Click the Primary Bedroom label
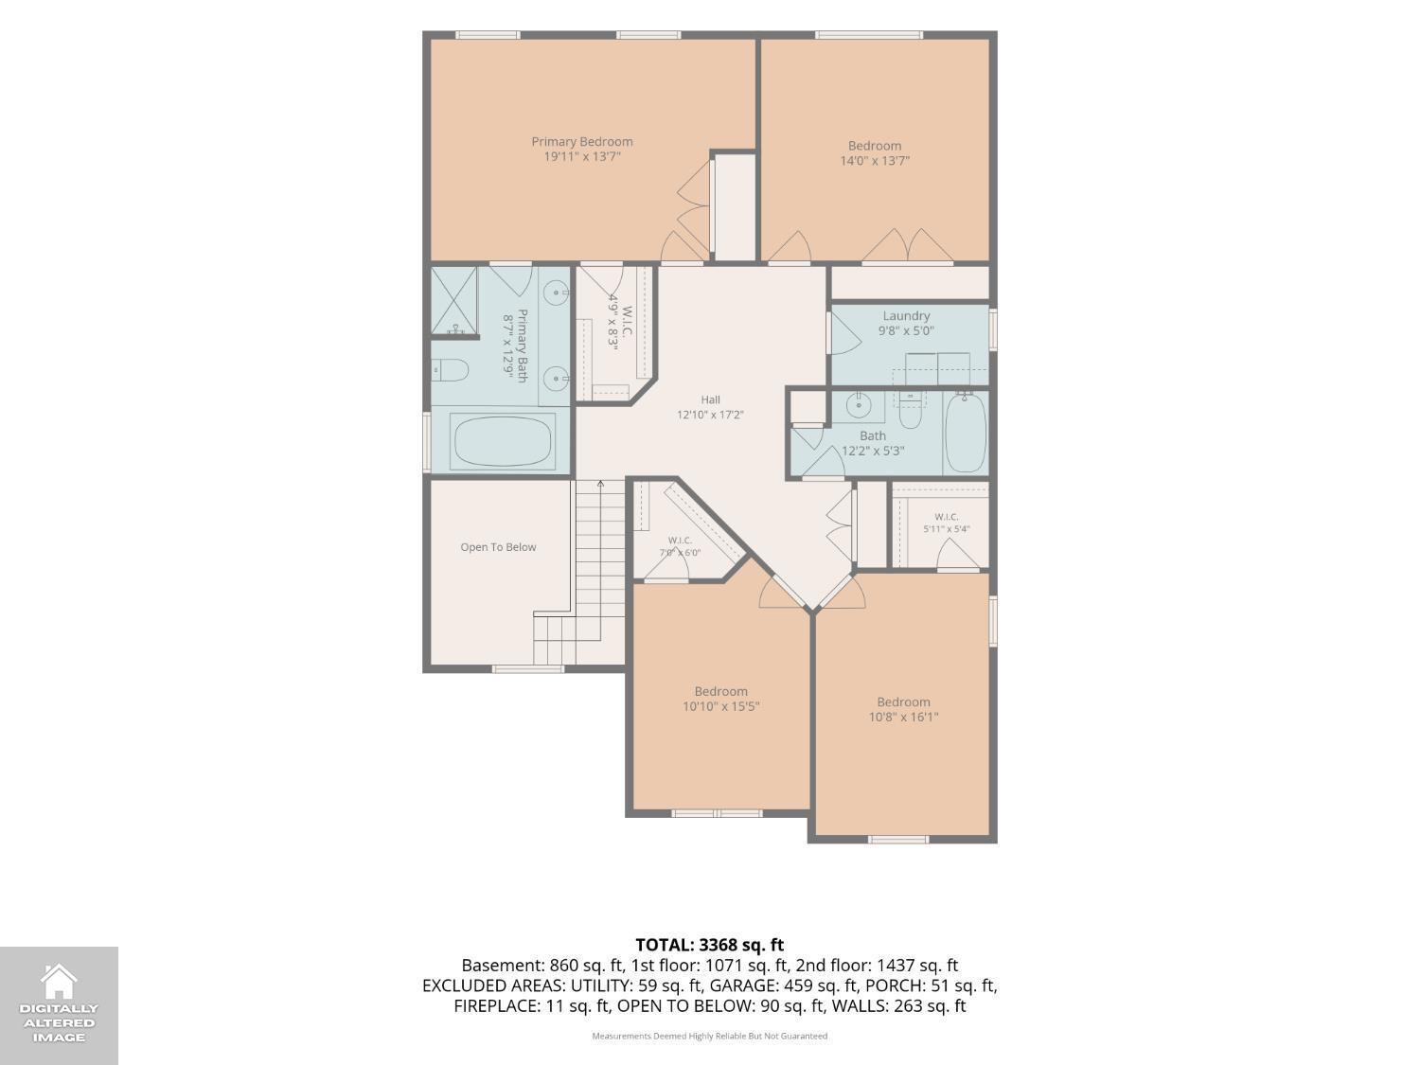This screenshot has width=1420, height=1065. [582, 142]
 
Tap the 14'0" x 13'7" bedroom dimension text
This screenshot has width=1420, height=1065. [875, 160]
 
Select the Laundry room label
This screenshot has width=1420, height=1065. [906, 315]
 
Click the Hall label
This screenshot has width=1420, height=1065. [710, 399]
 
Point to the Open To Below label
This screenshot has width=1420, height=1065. [498, 547]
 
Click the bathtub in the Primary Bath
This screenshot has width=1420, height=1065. [503, 441]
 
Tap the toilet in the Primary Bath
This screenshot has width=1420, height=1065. [450, 370]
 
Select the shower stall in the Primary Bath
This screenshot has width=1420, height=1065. [454, 301]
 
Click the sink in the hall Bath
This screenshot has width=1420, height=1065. [859, 405]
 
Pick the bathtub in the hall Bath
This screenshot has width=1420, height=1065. [966, 432]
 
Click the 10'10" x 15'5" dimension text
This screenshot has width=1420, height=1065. [720, 706]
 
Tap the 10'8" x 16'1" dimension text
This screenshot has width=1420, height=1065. [903, 717]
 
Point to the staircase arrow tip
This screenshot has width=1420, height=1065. [600, 481]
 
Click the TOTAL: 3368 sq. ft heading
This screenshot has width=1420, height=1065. [710, 946]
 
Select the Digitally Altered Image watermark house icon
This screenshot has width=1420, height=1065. [59, 981]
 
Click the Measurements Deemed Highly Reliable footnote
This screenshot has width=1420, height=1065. [710, 1036]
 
